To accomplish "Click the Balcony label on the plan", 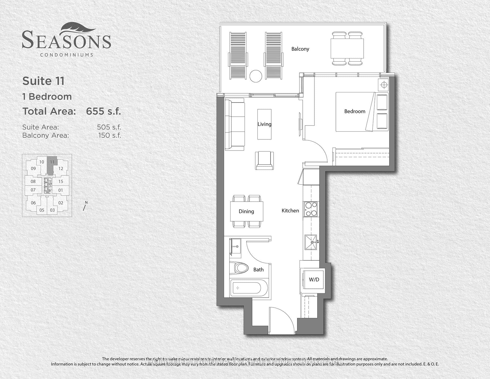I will [x=300, y=49].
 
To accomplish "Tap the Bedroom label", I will [x=354, y=111].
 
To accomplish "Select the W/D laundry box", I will [x=314, y=279].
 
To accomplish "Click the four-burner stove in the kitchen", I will [x=311, y=209].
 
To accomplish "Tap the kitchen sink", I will [x=311, y=242].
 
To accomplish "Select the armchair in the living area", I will [x=264, y=160].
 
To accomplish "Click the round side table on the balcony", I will [x=256, y=76].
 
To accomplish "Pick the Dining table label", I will [x=246, y=211].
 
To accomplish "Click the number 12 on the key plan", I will [x=60, y=168].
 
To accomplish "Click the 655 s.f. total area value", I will [x=103, y=111].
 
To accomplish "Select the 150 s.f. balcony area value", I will [x=109, y=135].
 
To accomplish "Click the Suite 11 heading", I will [x=43, y=81].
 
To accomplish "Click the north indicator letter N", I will [x=86, y=202].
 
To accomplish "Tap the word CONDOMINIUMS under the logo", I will [x=67, y=55].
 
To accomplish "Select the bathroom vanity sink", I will [x=236, y=246].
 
